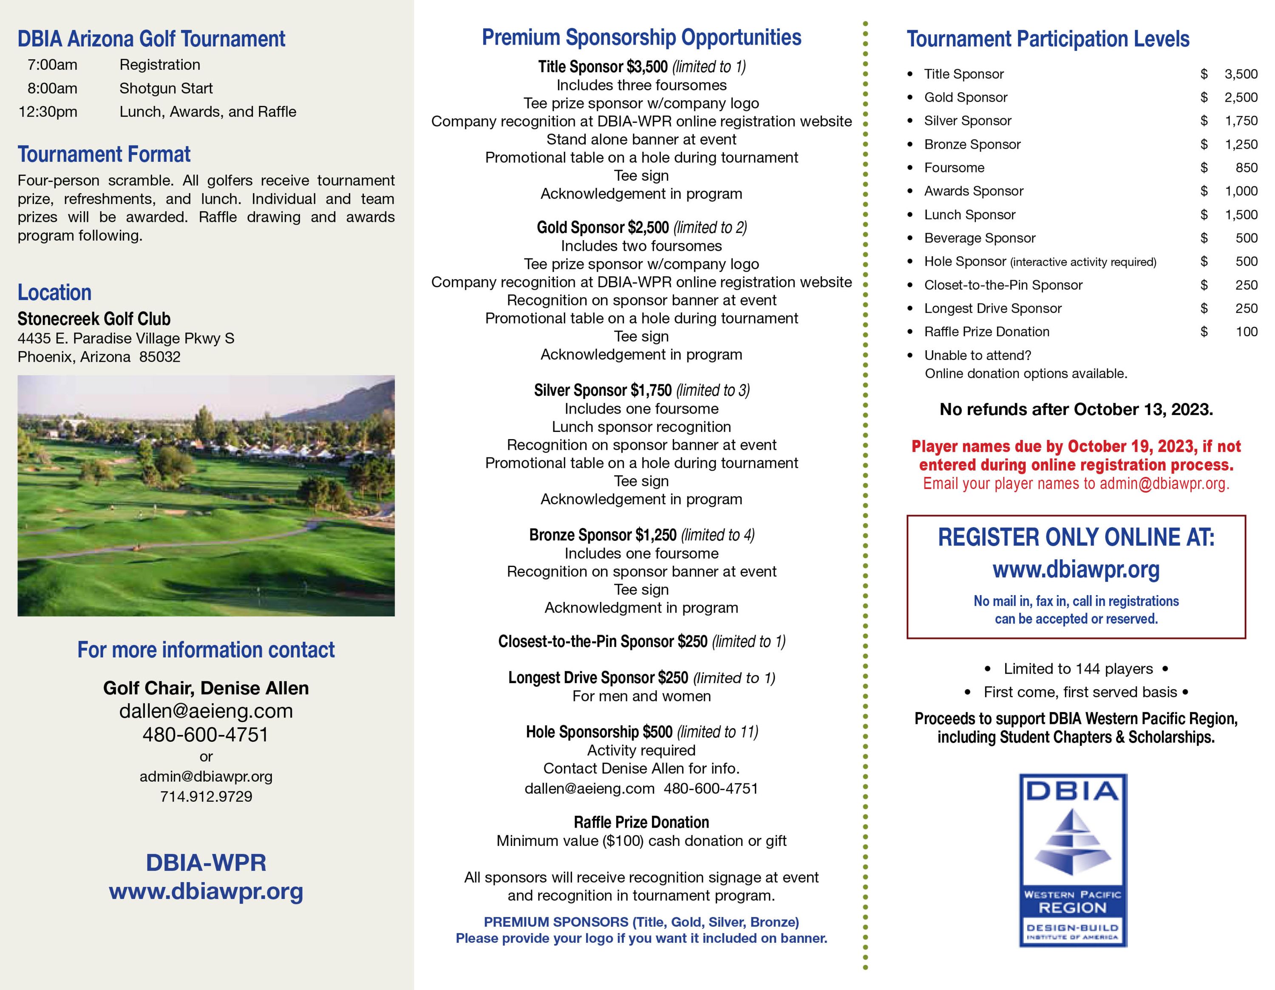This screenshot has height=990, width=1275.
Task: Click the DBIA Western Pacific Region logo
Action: coord(1073,860)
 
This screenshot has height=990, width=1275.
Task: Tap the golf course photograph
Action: coord(206,496)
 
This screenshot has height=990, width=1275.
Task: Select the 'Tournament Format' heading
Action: coord(104,155)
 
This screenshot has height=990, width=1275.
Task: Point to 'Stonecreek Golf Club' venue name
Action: coord(94,319)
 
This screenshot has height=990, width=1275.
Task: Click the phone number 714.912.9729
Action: coord(206,796)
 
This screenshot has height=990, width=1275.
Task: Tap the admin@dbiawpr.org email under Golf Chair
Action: coord(206,776)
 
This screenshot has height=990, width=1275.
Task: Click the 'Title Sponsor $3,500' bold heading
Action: coord(603,67)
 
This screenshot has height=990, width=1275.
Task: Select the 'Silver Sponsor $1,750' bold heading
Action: coord(603,390)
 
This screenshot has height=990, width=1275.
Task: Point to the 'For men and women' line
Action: coord(642,696)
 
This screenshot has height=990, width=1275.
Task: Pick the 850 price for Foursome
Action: coord(1247,167)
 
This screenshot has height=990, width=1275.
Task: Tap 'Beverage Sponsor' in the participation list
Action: coord(980,238)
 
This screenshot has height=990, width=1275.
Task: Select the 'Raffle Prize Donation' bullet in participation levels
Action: coord(986,332)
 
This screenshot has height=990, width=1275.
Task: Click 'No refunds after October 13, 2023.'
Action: coord(1076,409)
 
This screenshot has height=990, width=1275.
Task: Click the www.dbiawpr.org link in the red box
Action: coord(1076,569)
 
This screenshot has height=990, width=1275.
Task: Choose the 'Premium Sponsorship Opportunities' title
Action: coord(642,37)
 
